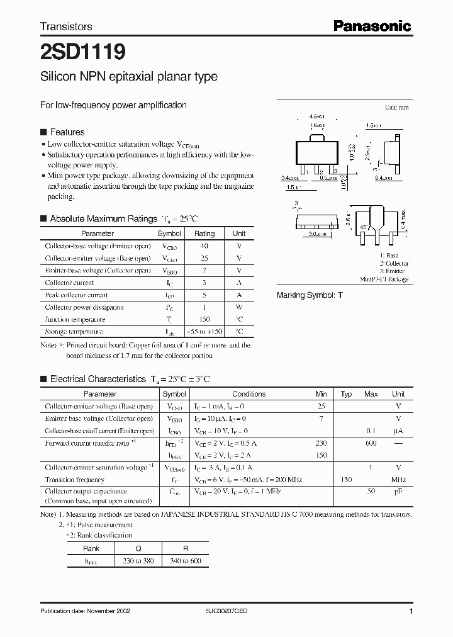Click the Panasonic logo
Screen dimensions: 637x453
point(372,26)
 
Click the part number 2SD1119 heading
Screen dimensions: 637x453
point(82,50)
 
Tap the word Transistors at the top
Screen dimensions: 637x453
point(66,26)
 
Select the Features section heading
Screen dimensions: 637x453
point(67,132)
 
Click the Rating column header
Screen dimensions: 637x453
point(204,234)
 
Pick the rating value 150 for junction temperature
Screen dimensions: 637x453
point(204,319)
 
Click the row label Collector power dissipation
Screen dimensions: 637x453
point(84,307)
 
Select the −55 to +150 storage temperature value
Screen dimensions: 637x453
point(204,332)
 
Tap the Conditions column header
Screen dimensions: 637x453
point(249,394)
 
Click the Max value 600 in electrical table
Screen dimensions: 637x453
point(371,443)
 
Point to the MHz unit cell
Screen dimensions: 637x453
point(398,480)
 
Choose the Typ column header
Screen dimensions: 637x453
point(346,394)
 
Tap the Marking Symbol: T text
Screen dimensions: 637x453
point(310,295)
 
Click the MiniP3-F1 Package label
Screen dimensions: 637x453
point(384,279)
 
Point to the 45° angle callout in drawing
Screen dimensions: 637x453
point(345,227)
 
